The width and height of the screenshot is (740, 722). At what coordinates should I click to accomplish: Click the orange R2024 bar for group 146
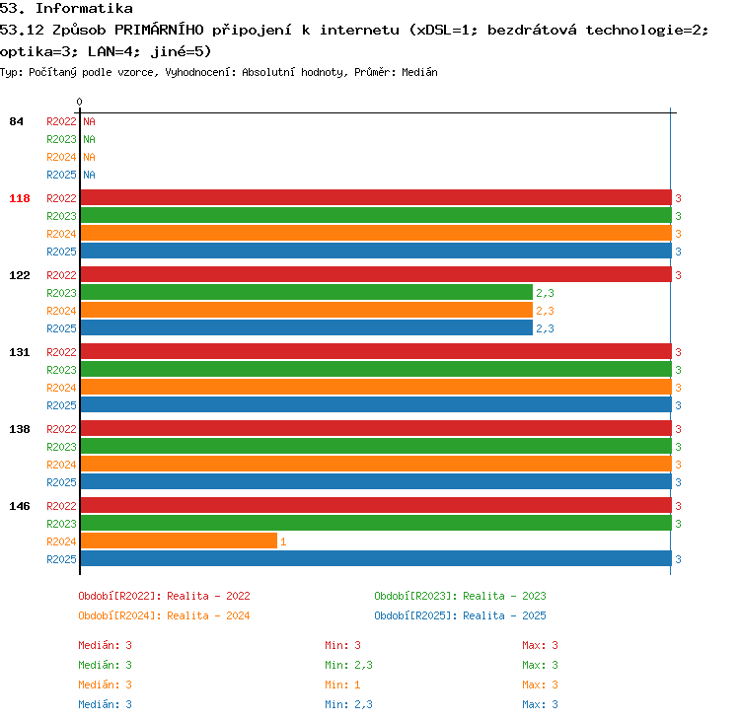(179, 541)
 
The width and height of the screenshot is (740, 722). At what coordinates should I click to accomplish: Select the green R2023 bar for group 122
(307, 293)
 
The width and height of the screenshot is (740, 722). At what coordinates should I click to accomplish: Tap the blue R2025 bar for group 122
(307, 328)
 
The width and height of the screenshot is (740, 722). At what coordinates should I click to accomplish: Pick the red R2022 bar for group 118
(376, 197)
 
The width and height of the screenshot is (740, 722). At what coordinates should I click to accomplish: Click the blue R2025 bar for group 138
(376, 481)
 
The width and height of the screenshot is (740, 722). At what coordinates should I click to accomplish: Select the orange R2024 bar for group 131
(376, 387)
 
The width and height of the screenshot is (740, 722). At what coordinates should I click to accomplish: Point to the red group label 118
(20, 198)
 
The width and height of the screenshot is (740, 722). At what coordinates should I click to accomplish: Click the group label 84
(16, 121)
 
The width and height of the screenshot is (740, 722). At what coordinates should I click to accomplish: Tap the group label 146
(20, 506)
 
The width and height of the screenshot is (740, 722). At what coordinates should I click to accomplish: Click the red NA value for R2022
(89, 121)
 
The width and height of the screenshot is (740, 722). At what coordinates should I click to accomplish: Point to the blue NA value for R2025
(89, 175)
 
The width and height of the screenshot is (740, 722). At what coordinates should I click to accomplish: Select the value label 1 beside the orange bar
(283, 541)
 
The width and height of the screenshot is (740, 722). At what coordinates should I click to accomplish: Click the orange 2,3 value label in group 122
(545, 311)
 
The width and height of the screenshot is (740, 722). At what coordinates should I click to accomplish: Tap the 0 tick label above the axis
(79, 102)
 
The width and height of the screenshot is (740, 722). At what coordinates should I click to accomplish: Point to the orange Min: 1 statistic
(342, 685)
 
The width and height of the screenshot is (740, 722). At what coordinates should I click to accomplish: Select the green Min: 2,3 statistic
(348, 665)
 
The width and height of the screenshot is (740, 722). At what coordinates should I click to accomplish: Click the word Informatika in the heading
(85, 8)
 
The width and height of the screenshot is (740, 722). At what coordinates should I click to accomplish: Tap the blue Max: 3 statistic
(540, 704)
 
